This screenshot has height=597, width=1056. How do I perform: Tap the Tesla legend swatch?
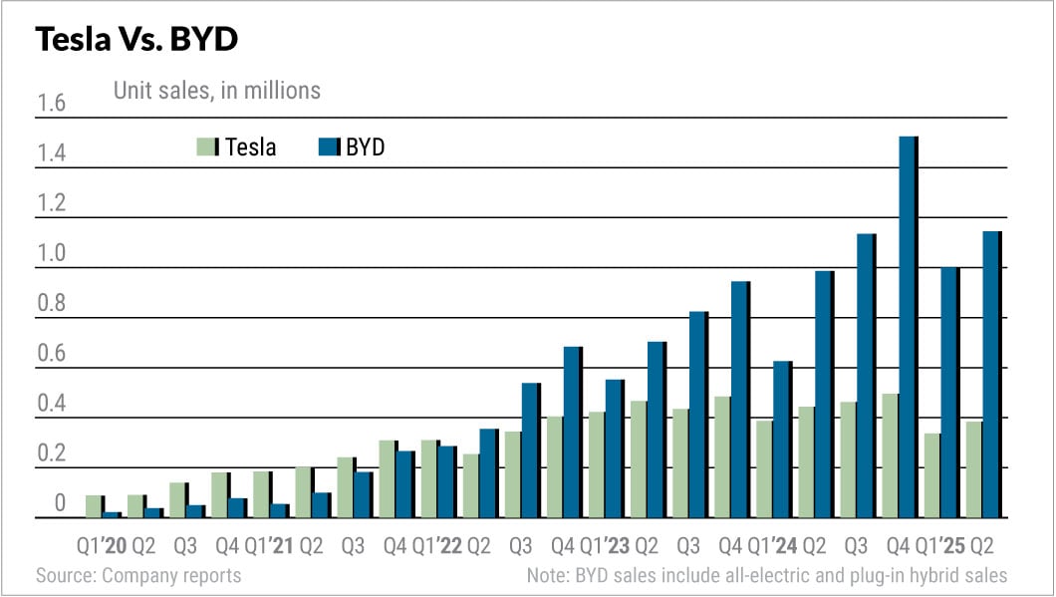(206, 148)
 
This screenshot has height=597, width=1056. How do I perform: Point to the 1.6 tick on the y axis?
(51, 104)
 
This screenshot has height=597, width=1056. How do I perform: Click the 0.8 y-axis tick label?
(51, 304)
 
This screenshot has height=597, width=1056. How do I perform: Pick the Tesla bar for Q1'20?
(94, 506)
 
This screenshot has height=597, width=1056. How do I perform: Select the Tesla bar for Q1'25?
(932, 475)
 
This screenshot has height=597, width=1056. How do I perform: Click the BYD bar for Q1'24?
(782, 440)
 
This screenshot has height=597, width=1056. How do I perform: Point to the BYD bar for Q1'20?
(112, 514)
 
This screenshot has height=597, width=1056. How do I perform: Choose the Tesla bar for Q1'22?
(429, 478)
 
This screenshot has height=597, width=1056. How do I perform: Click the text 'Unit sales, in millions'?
(215, 91)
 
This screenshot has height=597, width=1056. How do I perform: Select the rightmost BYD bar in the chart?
(991, 375)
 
